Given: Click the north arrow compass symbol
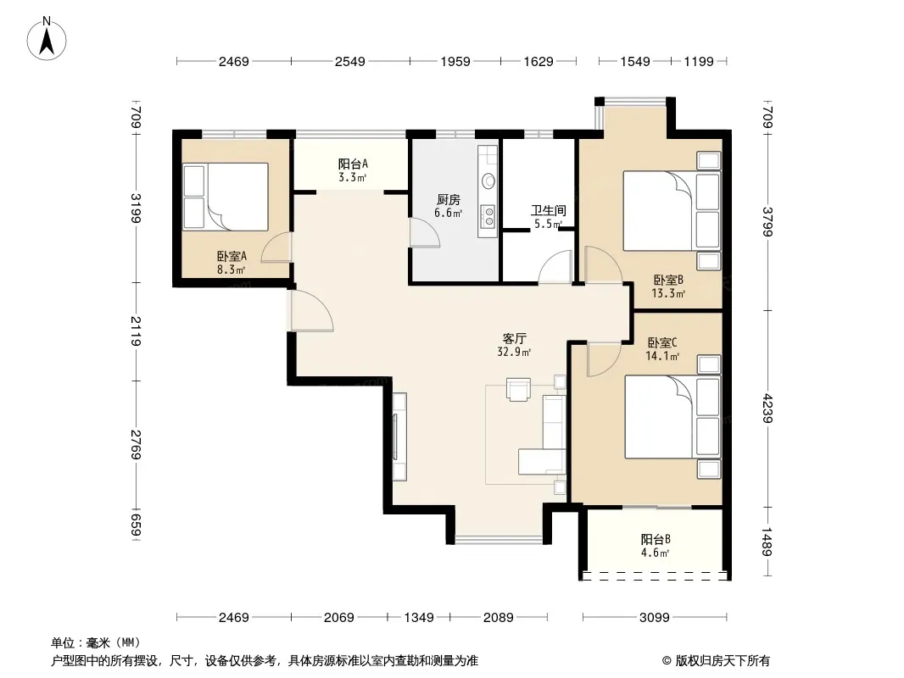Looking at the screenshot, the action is click(x=47, y=39).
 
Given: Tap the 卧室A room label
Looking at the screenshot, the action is click(x=232, y=256).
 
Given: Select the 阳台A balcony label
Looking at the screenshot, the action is click(x=353, y=164).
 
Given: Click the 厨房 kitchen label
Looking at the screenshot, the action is click(x=449, y=199).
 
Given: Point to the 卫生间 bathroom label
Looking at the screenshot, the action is click(x=549, y=210).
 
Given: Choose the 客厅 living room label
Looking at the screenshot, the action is click(x=514, y=338).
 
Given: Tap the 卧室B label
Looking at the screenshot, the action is click(x=668, y=280).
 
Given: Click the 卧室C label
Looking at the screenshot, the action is click(x=661, y=342).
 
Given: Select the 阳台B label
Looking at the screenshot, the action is click(x=656, y=539).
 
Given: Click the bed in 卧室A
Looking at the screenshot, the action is click(x=226, y=197).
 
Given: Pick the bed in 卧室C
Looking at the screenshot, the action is click(x=672, y=417).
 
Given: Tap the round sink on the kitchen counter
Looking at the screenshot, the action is click(x=489, y=181).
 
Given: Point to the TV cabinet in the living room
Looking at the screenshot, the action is click(x=399, y=436).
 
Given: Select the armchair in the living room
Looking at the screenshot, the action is click(x=518, y=389).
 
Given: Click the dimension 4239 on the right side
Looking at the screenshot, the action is click(x=767, y=408).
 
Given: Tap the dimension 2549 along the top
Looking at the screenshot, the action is click(x=350, y=61).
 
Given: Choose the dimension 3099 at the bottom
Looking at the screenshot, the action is click(x=655, y=618).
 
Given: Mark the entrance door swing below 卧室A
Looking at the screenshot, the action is click(x=312, y=310).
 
